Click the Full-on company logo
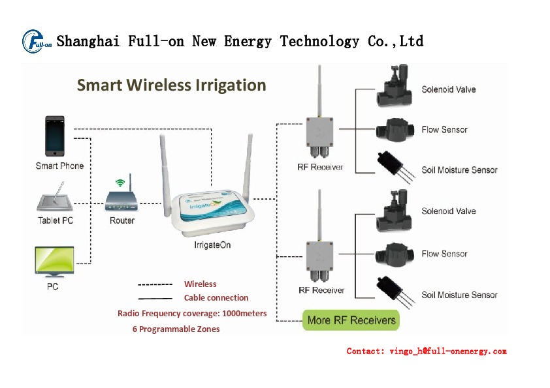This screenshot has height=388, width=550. tap(37, 41)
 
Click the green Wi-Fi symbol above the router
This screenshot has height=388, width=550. tap(119, 183)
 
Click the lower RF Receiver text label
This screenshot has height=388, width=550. tap(321, 290)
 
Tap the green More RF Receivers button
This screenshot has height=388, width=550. tap(351, 320)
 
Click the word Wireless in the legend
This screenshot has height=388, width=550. tap(200, 284)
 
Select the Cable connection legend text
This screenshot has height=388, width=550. tap(216, 298)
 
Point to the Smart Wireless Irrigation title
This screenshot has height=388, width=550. tap(171, 85)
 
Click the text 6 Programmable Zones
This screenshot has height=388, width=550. tap(176, 329)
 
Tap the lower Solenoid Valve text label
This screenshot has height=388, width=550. tap(448, 211)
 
